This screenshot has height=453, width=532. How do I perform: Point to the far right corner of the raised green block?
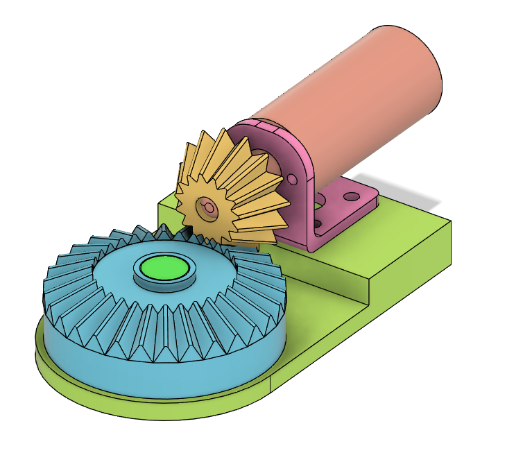pyautogui.click(x=449, y=223)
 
